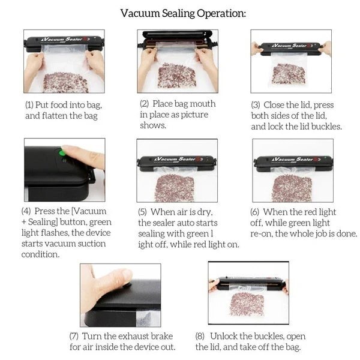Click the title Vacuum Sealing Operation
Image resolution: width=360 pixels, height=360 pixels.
(182, 13)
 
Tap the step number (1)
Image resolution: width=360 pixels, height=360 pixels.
(29, 104)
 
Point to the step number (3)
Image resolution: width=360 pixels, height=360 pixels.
(256, 104)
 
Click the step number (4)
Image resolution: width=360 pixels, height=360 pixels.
(26, 211)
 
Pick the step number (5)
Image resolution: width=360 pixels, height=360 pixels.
(143, 212)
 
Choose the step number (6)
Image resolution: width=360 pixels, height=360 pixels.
(256, 212)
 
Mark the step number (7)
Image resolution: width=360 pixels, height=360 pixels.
(74, 336)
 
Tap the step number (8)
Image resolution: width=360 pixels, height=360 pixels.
(201, 336)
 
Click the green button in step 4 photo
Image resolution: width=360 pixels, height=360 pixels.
(61, 152)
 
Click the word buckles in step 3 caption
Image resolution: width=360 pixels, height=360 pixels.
(327, 126)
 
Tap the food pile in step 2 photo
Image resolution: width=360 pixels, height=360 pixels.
(178, 75)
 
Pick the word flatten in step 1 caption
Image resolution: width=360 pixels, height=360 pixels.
(55, 115)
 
